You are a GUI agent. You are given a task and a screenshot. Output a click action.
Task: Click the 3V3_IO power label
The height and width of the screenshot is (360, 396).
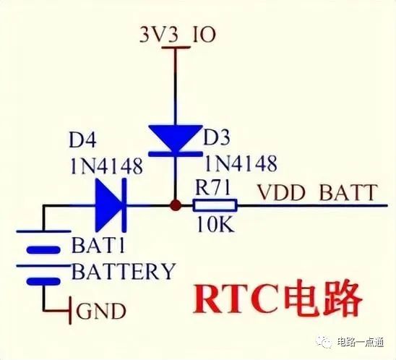pos(178,35)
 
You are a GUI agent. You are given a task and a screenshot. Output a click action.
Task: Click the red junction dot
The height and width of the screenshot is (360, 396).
pos(176,205)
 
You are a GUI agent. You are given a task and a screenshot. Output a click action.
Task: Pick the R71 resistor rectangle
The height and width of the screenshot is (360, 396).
pos(215,205)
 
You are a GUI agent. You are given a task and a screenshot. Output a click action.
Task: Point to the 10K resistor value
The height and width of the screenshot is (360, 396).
pos(215,225)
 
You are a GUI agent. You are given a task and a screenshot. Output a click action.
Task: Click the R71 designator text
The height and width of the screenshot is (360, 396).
pos(213,188)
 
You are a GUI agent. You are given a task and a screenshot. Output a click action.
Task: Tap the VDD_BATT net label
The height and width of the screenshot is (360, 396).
pos(317,192)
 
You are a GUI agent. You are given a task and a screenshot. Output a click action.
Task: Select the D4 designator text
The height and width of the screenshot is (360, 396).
pos(82,141)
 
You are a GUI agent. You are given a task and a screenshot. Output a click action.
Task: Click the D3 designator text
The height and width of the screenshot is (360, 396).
pos(217,137)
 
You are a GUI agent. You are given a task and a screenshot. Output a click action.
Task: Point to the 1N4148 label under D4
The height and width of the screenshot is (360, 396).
pos(106,166)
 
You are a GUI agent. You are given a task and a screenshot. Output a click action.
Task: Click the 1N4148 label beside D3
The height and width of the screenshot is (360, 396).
pos(241,163)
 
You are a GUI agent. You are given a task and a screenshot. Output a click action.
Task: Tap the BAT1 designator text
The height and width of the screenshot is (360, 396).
pos(98,245)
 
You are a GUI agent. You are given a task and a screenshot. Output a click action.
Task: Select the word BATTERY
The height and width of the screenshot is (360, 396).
pos(124,271)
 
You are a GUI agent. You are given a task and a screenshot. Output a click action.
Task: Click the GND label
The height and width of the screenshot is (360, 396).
pos(101,312)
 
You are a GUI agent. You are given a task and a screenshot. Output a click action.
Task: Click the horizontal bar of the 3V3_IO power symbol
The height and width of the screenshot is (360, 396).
pos(176,47)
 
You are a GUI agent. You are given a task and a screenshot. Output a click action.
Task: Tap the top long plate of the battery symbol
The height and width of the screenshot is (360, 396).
pos(43,231)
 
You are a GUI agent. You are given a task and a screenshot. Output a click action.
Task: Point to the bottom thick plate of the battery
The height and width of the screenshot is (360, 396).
pos(43,281)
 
